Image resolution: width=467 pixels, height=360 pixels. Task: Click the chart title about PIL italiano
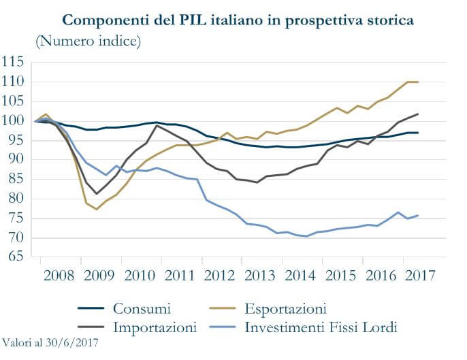pyautogui.click(x=238, y=20)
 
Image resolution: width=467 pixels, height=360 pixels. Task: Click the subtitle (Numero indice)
pyautogui.click(x=88, y=42)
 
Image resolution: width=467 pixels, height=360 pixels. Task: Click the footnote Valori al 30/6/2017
pyautogui.click(x=50, y=343)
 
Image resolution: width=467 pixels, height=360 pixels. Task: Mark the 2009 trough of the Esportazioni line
pyautogui.click(x=97, y=209)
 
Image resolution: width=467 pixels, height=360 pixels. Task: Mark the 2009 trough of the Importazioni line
pyautogui.click(x=97, y=193)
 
